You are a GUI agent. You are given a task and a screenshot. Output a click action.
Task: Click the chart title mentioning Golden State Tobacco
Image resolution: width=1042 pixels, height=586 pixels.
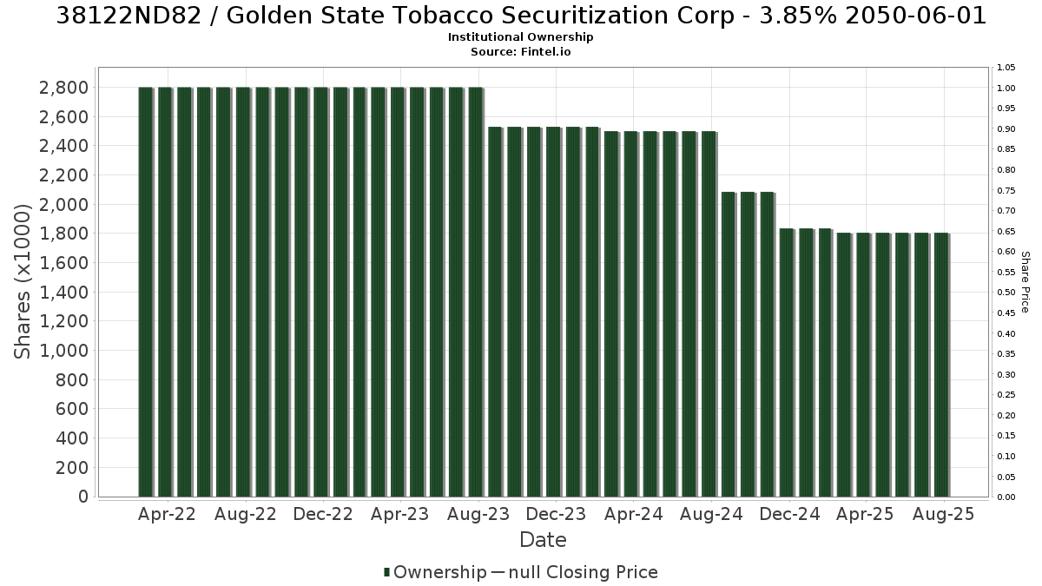[x=521, y=16]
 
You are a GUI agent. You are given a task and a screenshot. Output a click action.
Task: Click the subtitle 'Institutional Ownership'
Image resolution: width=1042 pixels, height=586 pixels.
[x=520, y=37]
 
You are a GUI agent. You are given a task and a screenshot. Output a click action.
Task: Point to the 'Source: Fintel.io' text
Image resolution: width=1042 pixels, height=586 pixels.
[x=520, y=51]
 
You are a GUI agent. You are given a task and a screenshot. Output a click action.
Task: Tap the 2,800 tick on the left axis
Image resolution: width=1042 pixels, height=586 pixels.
[x=63, y=88]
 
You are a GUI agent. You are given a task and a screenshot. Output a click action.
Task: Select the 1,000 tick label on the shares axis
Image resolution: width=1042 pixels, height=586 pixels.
[x=63, y=351]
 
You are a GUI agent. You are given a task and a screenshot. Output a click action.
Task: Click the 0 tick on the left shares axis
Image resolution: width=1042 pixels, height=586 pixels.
[x=83, y=497]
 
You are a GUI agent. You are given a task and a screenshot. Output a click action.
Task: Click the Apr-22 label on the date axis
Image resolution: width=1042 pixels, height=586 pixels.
[x=167, y=514]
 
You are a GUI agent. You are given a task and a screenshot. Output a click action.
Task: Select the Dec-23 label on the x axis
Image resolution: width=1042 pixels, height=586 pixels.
[x=556, y=514]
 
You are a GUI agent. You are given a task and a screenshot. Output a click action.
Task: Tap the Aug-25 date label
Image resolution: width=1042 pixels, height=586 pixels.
[x=943, y=514]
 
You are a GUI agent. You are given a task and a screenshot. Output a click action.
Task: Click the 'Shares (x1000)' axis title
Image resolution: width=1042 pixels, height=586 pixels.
[x=22, y=281]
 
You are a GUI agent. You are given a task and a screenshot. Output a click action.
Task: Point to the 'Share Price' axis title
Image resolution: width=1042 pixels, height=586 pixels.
[x=1025, y=282]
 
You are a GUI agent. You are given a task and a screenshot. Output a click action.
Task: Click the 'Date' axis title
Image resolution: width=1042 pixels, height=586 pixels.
[x=543, y=540]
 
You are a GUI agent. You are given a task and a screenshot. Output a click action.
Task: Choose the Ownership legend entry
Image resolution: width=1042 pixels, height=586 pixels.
[x=435, y=572]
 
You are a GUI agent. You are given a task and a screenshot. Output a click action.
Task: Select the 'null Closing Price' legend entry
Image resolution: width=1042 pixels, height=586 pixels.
[x=575, y=572]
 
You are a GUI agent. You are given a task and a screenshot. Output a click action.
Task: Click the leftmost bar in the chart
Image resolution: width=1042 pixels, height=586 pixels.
[x=146, y=292]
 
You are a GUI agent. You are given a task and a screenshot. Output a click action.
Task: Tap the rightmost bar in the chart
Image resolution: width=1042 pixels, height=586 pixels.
[x=941, y=365]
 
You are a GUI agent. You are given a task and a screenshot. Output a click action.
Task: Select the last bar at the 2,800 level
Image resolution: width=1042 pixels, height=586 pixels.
[x=476, y=292]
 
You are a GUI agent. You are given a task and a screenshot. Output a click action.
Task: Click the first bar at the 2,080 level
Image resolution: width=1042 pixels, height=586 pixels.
[x=729, y=345]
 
